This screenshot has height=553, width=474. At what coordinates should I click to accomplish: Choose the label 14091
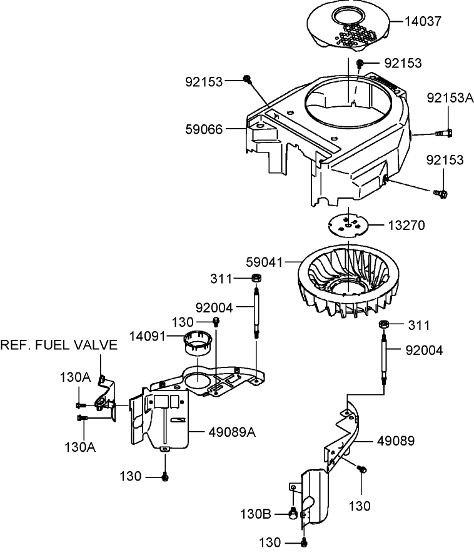click(146, 336)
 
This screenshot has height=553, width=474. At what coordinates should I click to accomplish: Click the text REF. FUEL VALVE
click(59, 345)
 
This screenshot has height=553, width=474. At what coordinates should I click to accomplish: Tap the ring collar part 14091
click(197, 342)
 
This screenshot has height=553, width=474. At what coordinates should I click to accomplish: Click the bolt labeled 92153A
click(445, 132)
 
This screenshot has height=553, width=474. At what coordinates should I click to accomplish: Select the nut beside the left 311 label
click(256, 278)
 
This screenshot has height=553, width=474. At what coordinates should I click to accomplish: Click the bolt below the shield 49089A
click(165, 477)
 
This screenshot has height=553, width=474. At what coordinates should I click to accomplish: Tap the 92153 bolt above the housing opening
click(361, 63)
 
